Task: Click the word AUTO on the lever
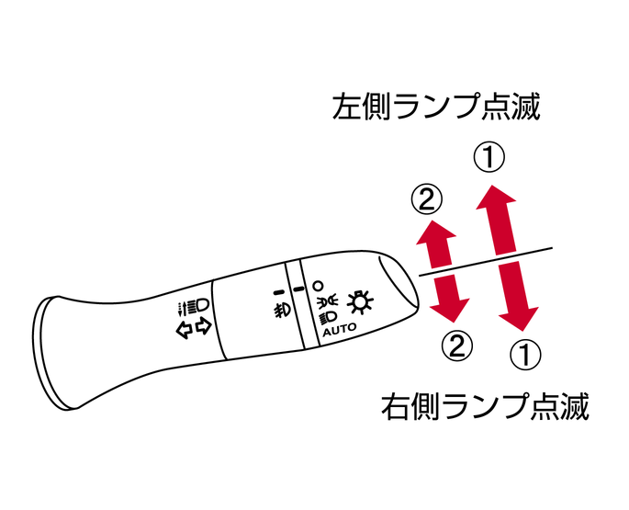pyautogui.click(x=340, y=329)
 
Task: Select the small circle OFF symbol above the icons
pyautogui.click(x=318, y=287)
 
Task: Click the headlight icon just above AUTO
pyautogui.click(x=328, y=317)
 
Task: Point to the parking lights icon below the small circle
pyautogui.click(x=323, y=300)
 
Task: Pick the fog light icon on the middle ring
pyautogui.click(x=282, y=309)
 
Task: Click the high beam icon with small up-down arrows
pyautogui.click(x=194, y=306)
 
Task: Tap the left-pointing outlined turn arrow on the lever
pyautogui.click(x=185, y=330)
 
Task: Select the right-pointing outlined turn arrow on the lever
pyautogui.click(x=204, y=326)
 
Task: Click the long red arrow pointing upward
pyautogui.click(x=499, y=220)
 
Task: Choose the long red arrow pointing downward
pyautogui.click(x=518, y=297)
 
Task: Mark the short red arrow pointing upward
pyautogui.click(x=436, y=244)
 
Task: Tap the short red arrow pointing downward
pyautogui.click(x=449, y=299)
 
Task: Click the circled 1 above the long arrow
pyautogui.click(x=489, y=157)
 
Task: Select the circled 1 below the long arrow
pyautogui.click(x=525, y=355)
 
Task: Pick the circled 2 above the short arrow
pyautogui.click(x=426, y=199)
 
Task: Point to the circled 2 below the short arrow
pyautogui.click(x=457, y=345)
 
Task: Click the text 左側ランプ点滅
pyautogui.click(x=436, y=107)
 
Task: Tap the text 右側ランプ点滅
pyautogui.click(x=485, y=406)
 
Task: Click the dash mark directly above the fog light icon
pyautogui.click(x=278, y=293)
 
